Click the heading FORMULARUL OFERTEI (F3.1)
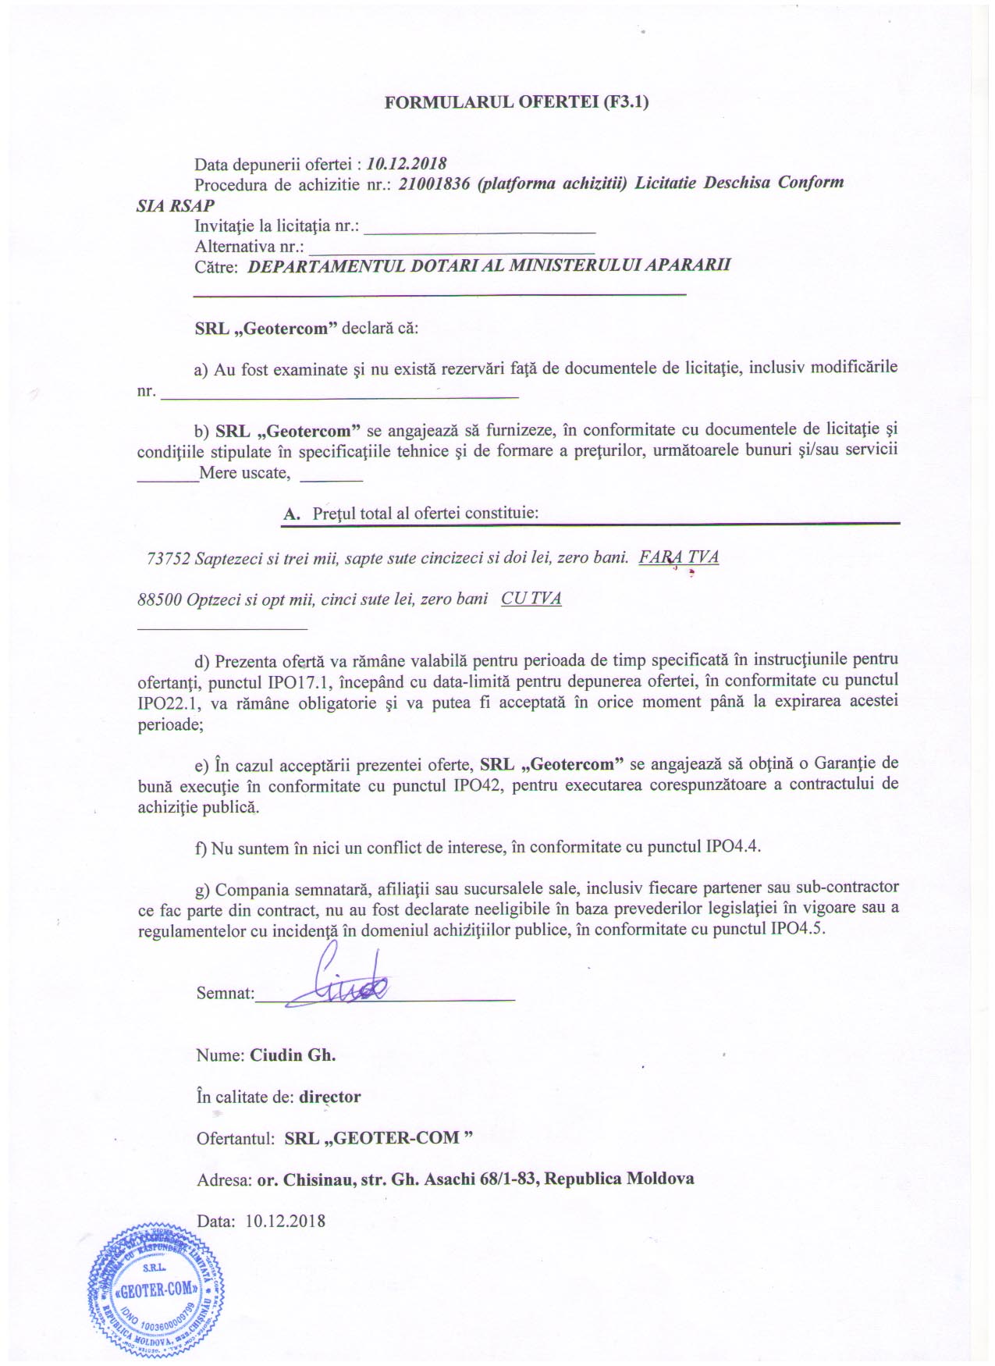point(517,102)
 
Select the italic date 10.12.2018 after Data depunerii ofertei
point(407,164)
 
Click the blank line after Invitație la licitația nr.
point(480,228)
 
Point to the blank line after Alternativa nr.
point(452,248)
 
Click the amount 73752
point(168,559)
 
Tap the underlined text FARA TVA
point(678,557)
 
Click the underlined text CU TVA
point(531,599)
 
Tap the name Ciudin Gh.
point(293,1055)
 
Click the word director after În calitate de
point(330,1097)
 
